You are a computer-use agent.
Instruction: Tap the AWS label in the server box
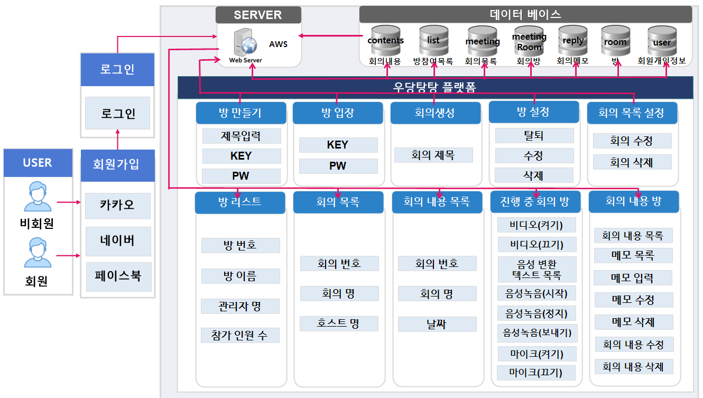click(x=278, y=44)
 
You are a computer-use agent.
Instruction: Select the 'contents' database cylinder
click(x=385, y=40)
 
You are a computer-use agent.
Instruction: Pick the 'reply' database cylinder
click(x=573, y=40)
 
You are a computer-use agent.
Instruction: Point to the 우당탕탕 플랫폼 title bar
click(x=434, y=88)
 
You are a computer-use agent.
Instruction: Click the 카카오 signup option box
click(x=118, y=206)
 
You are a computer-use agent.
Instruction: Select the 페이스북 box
click(x=118, y=275)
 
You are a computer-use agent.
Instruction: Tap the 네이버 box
click(x=118, y=241)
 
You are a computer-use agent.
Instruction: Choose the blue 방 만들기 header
click(x=240, y=113)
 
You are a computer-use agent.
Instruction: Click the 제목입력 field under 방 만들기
click(x=240, y=136)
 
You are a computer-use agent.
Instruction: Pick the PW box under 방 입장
click(x=338, y=166)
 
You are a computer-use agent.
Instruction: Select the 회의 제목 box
click(x=433, y=155)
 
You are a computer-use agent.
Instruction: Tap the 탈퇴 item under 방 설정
click(x=534, y=135)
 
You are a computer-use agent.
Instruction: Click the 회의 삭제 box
click(x=632, y=162)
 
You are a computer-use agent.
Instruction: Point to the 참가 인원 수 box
click(x=240, y=335)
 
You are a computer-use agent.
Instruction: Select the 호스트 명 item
click(x=339, y=323)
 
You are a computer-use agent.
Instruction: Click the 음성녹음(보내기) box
click(x=537, y=333)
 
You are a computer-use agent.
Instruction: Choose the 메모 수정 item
click(x=633, y=300)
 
